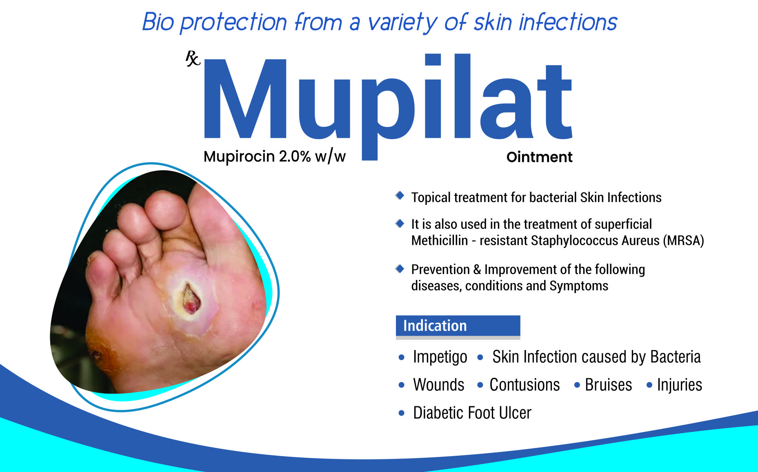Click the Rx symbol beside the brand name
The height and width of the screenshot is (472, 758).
coord(193,58)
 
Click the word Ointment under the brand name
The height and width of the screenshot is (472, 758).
coord(539,157)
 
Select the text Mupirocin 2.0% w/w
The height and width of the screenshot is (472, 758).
coord(274,156)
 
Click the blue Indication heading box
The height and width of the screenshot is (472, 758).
coord(458,326)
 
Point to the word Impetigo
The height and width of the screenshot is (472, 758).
coord(440,357)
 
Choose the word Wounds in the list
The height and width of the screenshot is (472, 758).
coord(439,385)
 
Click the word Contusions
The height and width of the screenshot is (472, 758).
coord(525,385)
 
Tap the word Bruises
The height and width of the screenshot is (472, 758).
coord(608,385)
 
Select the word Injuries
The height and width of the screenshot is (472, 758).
coord(679,385)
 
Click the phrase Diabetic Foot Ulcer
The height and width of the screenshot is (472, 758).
coord(472,413)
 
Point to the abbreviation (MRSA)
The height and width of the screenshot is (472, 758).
coord(683,241)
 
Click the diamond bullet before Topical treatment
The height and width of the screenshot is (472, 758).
coord(400,195)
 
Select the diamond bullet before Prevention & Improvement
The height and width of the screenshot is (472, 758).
coord(400,268)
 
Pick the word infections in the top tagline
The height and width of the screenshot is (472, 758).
coord(568,22)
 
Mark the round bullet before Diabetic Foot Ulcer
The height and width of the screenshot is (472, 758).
coord(402,413)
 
